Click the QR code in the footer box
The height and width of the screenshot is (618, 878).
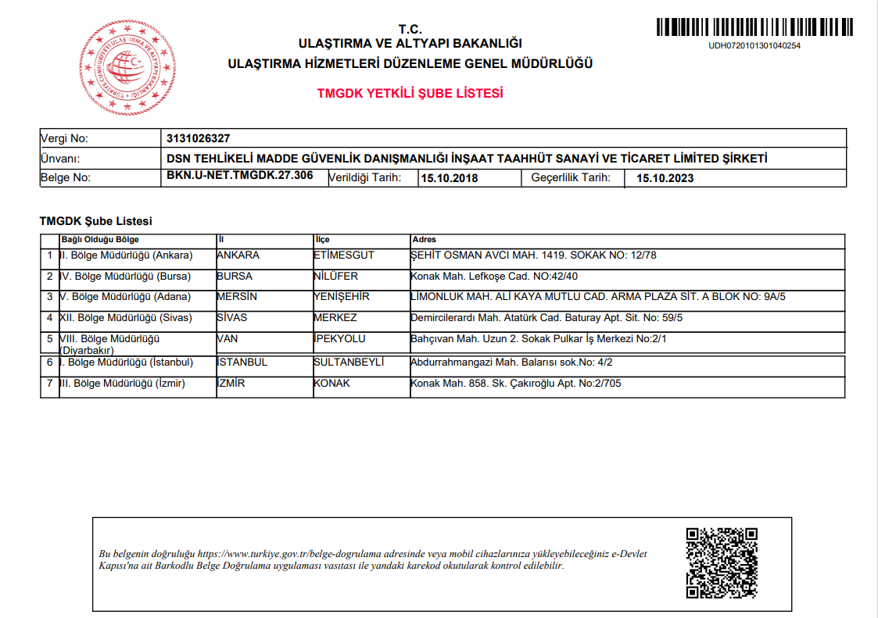click(722, 563)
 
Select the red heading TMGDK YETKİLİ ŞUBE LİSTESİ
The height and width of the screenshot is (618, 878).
click(410, 93)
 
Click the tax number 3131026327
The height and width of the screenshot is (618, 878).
click(199, 138)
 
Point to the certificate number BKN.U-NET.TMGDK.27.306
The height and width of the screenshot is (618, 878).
click(240, 176)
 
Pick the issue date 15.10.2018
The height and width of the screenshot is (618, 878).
click(450, 178)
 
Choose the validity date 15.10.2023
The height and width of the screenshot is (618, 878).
click(665, 178)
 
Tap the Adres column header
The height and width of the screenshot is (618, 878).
click(423, 239)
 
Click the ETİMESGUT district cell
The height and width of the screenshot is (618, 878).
click(343, 255)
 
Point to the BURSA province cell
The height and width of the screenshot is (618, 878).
click(235, 276)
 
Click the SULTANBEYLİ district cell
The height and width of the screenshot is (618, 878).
click(348, 363)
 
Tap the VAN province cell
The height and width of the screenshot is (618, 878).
click(228, 339)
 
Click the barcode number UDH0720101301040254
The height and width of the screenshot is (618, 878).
click(754, 45)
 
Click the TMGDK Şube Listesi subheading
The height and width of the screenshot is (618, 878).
click(95, 222)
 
